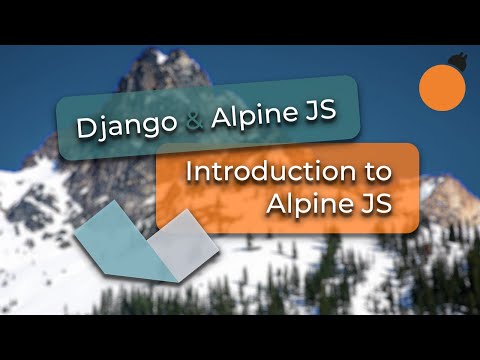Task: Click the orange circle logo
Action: (441, 87)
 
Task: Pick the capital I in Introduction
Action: (190, 171)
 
